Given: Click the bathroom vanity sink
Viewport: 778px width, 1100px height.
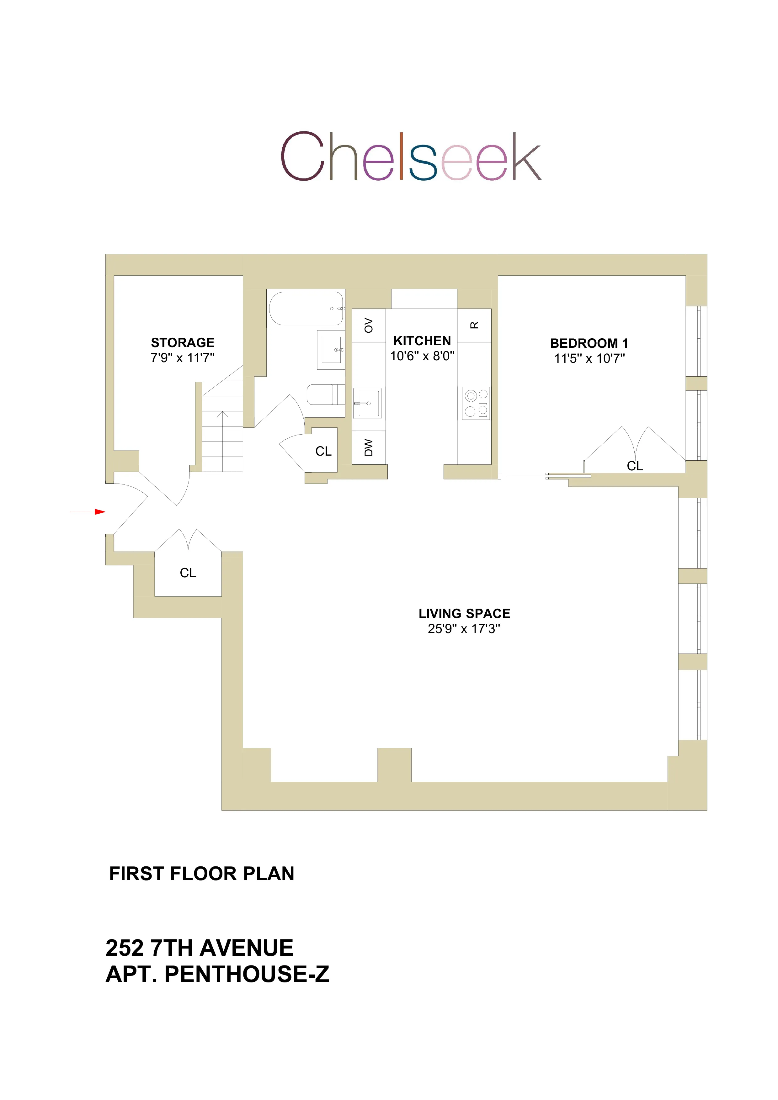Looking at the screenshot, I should (x=331, y=350).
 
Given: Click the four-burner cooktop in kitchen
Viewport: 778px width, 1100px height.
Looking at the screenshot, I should (x=476, y=403).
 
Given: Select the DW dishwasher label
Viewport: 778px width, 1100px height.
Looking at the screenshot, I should (x=368, y=447).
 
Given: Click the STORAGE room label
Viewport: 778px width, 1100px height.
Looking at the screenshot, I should (x=183, y=342).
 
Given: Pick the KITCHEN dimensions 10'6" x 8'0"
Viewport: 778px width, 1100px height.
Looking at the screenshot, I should (x=422, y=356).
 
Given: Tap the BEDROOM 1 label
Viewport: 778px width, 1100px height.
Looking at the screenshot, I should (x=589, y=343).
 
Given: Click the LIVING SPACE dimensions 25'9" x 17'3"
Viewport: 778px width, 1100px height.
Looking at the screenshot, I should (x=464, y=629).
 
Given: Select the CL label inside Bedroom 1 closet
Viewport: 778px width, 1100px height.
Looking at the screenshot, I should (x=635, y=466).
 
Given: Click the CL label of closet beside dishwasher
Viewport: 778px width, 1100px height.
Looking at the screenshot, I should (x=323, y=451).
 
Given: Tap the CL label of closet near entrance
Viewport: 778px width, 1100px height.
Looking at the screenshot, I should (x=188, y=573).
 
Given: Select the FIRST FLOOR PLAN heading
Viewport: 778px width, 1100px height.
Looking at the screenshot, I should (x=201, y=873).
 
